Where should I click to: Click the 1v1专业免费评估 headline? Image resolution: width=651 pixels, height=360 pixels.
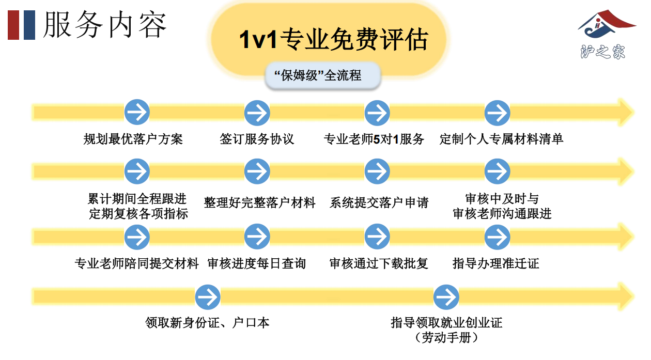(x=333, y=40)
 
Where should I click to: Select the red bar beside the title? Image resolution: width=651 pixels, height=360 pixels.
(x=13, y=25)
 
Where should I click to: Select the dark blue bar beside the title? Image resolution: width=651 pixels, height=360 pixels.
(x=29, y=25)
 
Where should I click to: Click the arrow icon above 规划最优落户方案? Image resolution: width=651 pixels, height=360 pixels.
(x=137, y=112)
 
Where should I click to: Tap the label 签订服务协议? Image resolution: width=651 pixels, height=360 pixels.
(x=257, y=139)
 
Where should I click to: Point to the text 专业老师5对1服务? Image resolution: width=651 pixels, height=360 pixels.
(x=374, y=139)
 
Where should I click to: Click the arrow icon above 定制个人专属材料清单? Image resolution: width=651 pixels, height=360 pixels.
(x=497, y=112)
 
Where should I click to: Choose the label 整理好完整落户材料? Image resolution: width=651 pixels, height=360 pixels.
(x=259, y=202)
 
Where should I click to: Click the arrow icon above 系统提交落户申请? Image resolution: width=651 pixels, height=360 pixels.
(x=377, y=171)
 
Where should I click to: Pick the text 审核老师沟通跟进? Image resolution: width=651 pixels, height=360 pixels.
(x=502, y=213)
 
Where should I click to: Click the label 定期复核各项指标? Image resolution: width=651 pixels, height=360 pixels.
(x=138, y=213)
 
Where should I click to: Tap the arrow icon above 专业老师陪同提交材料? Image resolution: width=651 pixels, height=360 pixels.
(x=137, y=237)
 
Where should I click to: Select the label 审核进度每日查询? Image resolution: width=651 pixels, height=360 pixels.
(x=257, y=263)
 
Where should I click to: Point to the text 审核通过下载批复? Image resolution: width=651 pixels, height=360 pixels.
(x=379, y=263)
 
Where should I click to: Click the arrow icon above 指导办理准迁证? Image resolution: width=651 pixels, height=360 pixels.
(x=497, y=237)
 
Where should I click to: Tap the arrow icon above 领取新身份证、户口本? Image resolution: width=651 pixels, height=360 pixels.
(x=208, y=297)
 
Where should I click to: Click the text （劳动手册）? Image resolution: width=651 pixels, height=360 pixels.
(x=446, y=338)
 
